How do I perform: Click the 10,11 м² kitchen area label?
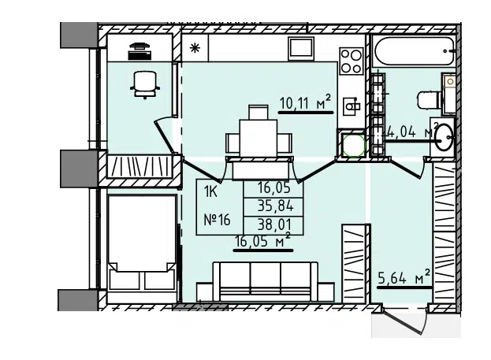coord(305,102)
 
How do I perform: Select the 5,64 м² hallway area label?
coord(404,277)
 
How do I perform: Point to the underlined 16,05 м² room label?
coord(262,241)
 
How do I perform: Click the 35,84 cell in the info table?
coord(275,206)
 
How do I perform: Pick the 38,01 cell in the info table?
coord(274,225)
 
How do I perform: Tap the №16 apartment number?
coord(217,220)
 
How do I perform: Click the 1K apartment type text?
coord(210,191)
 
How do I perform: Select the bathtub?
coord(415,51)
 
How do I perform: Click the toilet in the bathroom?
coord(430,100)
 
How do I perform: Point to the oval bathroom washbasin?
coord(444,137)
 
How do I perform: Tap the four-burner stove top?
coord(352,61)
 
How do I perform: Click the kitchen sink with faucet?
coord(352,106)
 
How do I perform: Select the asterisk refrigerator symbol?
coord(195,48)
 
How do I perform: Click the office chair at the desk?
coord(145,84)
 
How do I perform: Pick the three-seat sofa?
coord(266,282)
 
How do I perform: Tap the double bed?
coord(142,243)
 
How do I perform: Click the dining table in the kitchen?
coord(259,138)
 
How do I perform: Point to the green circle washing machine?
coord(353,146)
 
